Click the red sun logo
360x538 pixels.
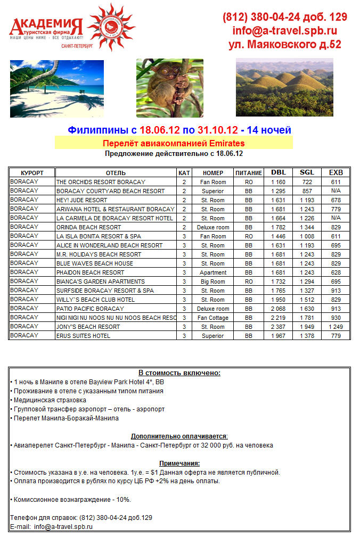point(111,27)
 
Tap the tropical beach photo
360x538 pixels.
point(50,88)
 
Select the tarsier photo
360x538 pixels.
point(169,88)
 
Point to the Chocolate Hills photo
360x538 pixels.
point(284,87)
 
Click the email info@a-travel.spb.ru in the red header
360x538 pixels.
point(285,31)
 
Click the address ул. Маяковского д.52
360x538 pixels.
point(285,45)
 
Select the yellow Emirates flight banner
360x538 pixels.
point(174,143)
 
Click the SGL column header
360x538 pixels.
point(307,172)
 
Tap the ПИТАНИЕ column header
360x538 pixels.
point(249,173)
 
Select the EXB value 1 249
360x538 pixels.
point(336,327)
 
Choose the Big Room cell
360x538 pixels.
point(213,282)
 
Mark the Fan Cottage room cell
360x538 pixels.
point(213,318)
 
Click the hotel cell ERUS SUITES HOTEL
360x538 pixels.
point(84,336)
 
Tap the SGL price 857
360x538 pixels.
point(307,191)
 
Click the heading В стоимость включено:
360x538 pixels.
point(179,373)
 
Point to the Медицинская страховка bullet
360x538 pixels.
point(50,400)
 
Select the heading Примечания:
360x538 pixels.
point(179,463)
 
